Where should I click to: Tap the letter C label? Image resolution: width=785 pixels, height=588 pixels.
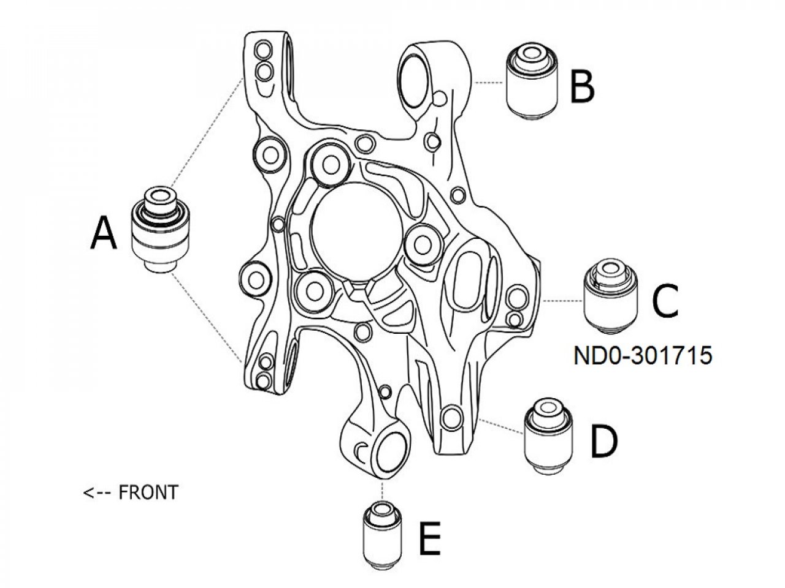665,301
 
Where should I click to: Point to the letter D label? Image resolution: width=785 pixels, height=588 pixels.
603,442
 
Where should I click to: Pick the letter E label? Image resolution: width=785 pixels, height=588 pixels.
429,539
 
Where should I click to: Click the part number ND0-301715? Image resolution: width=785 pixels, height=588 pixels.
643,356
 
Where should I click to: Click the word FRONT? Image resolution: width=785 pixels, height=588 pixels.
148,492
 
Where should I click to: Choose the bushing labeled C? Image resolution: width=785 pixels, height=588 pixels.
611,298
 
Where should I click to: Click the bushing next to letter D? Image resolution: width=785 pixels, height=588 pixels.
549,435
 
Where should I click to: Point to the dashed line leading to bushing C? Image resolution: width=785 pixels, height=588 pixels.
563,301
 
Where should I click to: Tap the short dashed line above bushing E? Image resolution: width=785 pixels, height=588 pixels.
383,490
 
